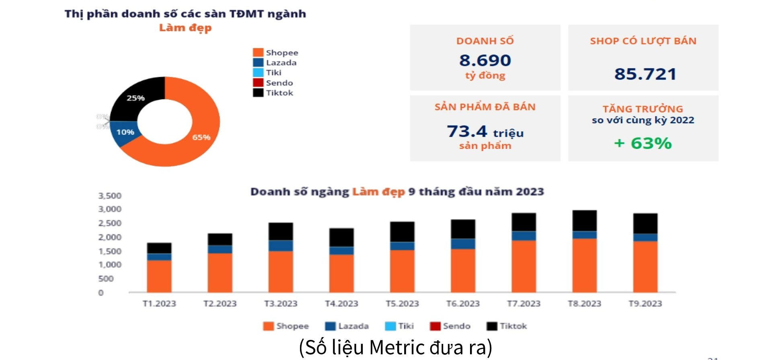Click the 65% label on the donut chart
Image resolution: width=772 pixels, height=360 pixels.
(201, 137)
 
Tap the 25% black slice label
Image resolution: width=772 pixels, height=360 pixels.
(136, 98)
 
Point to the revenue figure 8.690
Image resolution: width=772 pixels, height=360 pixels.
(485, 60)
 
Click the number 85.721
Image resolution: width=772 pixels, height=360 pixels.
(645, 74)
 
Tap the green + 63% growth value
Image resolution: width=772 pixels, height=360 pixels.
(643, 143)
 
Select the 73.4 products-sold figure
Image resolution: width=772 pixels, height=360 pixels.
(467, 131)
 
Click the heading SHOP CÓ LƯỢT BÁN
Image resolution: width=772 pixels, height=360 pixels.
(643, 41)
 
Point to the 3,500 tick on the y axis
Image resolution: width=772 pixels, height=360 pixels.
(110, 196)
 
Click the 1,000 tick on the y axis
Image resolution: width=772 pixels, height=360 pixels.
(110, 265)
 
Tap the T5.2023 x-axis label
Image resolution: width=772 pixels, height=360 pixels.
(402, 304)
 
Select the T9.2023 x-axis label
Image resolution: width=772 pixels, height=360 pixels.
(645, 304)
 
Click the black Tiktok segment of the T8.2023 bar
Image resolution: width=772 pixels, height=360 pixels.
(584, 220)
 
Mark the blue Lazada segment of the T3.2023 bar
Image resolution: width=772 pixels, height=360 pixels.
(281, 245)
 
